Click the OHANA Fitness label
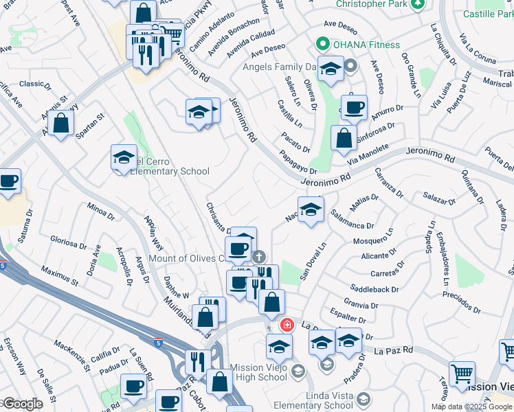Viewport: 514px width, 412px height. [366, 45]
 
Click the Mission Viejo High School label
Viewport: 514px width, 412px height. [258, 372]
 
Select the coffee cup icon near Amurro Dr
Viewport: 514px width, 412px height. [354, 108]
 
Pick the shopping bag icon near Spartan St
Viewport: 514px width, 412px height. [61, 124]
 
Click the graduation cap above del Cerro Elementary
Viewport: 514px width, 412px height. [124, 158]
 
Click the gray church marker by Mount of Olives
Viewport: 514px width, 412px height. [258, 257]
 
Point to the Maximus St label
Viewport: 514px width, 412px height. [60, 275]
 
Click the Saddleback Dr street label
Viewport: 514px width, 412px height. [374, 289]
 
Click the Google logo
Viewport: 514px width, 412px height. [22, 404]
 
